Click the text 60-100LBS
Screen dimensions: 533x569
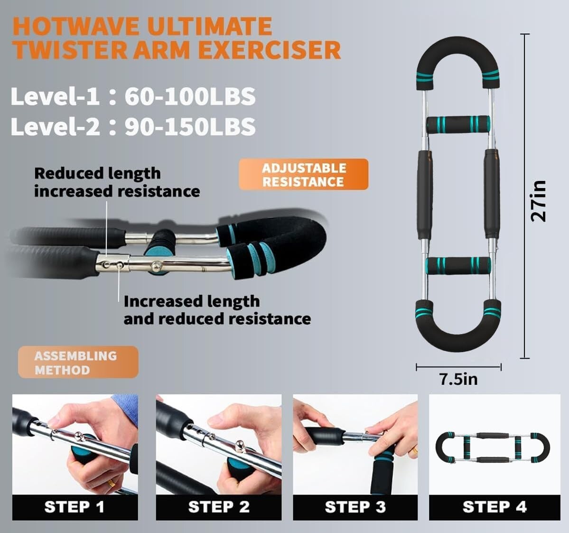(x=190, y=96)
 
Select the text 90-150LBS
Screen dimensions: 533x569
(x=190, y=127)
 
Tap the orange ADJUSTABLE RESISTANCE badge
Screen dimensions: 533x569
(x=303, y=175)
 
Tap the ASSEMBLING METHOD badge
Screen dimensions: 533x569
(x=78, y=363)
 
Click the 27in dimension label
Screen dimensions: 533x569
(x=539, y=200)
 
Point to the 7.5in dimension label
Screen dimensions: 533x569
(x=458, y=379)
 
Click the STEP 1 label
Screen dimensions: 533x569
(x=75, y=507)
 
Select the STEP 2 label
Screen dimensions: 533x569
(x=219, y=507)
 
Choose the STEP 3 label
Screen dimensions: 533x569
(x=355, y=507)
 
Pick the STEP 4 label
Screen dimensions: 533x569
(x=494, y=507)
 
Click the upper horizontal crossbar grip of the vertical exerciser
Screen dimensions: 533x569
(x=458, y=124)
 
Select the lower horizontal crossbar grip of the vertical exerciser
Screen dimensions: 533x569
(x=458, y=265)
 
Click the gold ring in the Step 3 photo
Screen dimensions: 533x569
(x=414, y=450)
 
